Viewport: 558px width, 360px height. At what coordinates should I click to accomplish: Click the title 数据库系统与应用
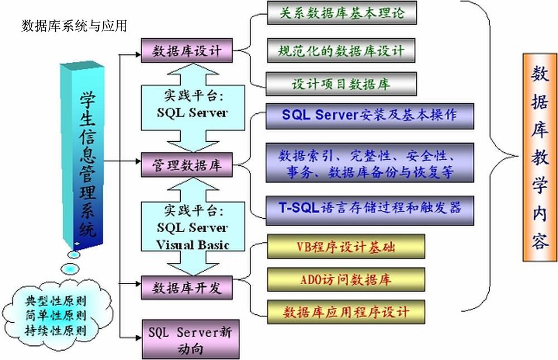point(74,26)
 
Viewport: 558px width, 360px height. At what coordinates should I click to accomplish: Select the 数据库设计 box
point(187,51)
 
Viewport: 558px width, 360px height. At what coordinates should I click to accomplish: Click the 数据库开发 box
point(187,287)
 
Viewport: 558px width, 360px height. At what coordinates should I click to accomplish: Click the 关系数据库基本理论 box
point(341,13)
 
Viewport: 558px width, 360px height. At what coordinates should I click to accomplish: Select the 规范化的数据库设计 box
point(341,51)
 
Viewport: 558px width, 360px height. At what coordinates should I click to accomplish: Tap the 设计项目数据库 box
point(341,84)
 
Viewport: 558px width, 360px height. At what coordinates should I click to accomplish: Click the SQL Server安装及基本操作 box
point(369,116)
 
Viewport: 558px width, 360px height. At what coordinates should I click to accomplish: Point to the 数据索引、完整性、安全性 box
point(369,162)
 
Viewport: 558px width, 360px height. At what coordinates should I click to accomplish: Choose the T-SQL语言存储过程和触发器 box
point(369,209)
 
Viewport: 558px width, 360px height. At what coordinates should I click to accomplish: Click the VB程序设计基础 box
point(346,246)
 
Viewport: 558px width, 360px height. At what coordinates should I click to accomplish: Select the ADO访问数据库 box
point(346,280)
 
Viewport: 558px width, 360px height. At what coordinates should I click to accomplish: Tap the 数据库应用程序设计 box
point(346,311)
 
